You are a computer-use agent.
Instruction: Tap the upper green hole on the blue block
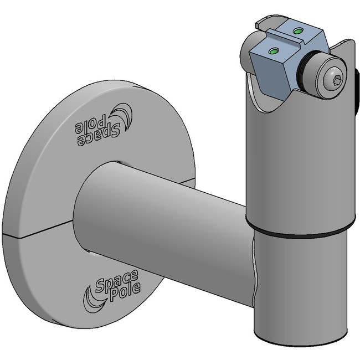coord(299,29)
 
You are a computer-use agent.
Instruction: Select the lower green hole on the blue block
coord(272,51)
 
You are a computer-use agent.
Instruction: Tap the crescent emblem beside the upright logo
coord(90,296)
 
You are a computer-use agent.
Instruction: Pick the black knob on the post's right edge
coord(357,89)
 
